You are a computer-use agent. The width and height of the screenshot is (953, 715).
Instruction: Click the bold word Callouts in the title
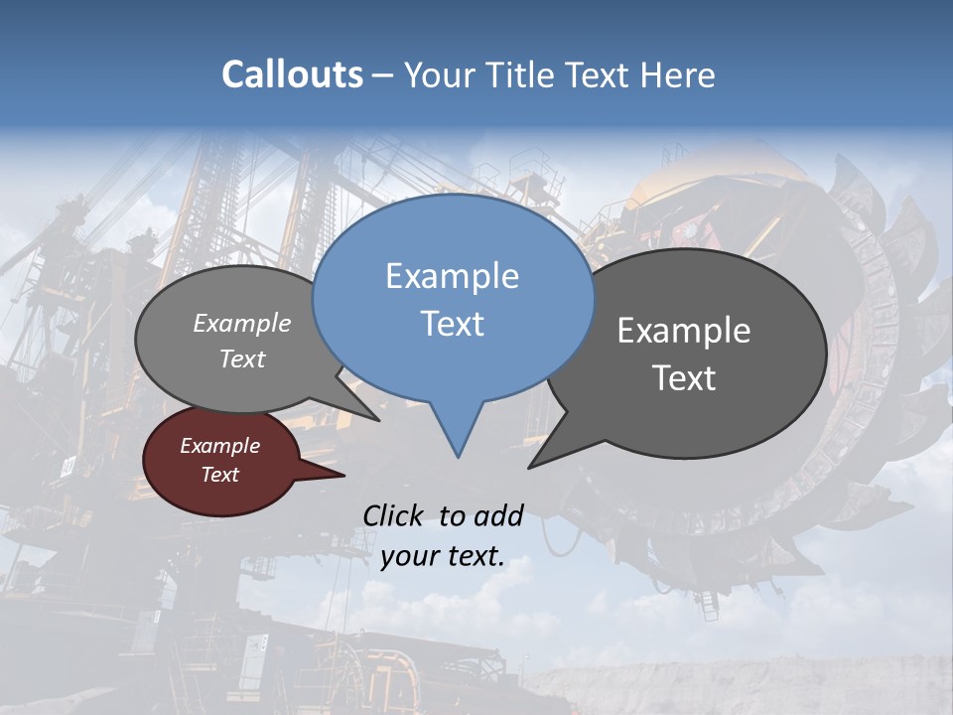click(x=292, y=74)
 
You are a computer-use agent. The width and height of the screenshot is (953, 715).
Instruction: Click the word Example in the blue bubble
click(x=452, y=276)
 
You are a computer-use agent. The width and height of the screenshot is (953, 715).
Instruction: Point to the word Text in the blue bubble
click(x=452, y=324)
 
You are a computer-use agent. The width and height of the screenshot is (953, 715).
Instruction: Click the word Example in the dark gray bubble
click(x=684, y=331)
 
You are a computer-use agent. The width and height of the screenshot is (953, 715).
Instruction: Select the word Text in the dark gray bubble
click(x=684, y=378)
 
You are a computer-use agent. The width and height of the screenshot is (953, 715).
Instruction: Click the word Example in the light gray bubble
click(x=242, y=323)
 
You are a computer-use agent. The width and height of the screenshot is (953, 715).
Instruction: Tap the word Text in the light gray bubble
click(x=242, y=358)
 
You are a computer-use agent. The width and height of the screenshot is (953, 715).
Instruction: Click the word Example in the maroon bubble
click(x=219, y=446)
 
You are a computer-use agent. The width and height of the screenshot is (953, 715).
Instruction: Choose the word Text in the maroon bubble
click(x=219, y=475)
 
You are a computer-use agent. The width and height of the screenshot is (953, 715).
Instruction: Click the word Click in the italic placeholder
click(x=395, y=515)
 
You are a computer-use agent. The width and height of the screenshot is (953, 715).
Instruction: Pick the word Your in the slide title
click(x=437, y=74)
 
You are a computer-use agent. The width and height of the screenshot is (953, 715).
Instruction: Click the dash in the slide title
click(x=384, y=74)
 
